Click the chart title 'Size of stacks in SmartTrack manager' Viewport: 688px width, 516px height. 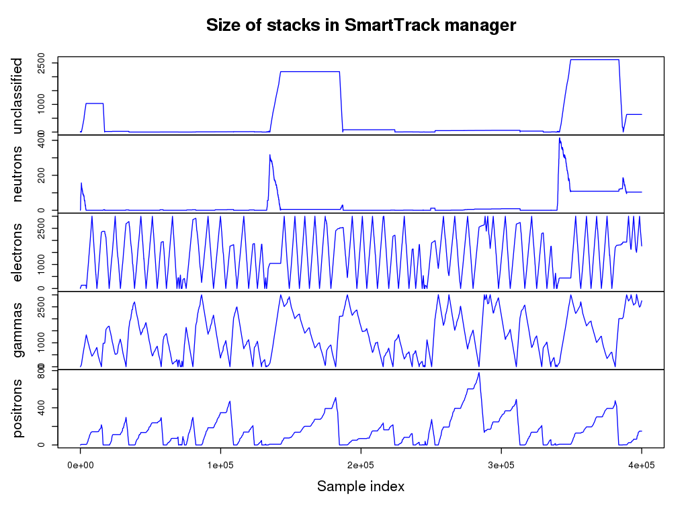click(x=361, y=26)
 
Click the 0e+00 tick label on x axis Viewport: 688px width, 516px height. click(x=81, y=465)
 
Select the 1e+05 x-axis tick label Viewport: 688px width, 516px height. click(x=220, y=465)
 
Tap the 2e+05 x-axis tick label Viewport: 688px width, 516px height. click(x=361, y=465)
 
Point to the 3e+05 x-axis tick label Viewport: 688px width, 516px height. click(x=501, y=465)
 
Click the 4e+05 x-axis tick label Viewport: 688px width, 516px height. click(x=641, y=465)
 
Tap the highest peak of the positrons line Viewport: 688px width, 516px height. click(x=479, y=373)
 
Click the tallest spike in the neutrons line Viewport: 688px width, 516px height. click(x=560, y=138)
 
